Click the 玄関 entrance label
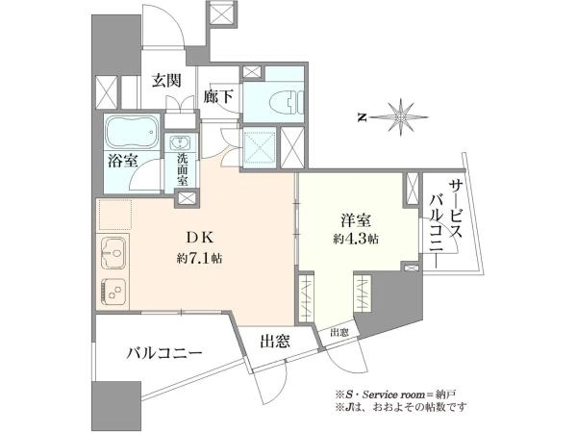166,81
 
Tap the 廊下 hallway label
218,97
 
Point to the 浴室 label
122,161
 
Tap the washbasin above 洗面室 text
181,141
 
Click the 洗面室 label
182,169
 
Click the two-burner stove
113,292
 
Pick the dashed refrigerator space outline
114,215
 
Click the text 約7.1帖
199,259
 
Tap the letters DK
199,239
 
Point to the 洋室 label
356,220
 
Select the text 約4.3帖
356,240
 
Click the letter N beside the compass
363,117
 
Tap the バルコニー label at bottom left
164,354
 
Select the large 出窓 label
275,342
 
